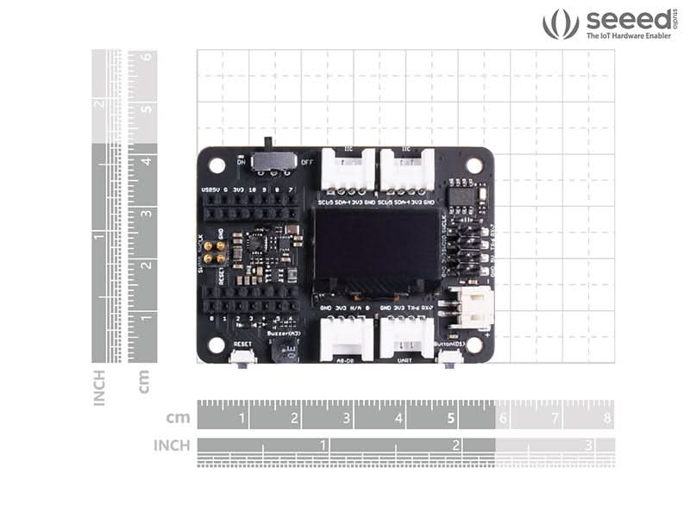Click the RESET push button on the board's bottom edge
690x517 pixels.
(242, 356)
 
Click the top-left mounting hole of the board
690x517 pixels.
(216, 165)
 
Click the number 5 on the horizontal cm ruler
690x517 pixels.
(451, 419)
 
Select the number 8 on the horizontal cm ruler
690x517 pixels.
(607, 419)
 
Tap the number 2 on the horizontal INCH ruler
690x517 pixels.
(455, 445)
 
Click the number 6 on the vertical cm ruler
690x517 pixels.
(147, 58)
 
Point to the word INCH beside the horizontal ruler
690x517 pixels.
(172, 445)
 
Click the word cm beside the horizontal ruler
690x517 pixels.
(179, 419)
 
